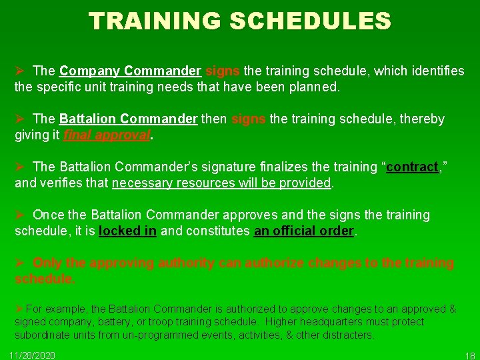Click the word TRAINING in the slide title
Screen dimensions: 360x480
(x=155, y=21)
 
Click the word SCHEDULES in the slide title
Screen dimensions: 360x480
(x=311, y=21)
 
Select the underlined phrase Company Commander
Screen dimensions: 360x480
(x=130, y=71)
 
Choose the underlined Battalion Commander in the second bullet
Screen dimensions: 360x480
(x=128, y=119)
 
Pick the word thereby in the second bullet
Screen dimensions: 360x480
(x=421, y=119)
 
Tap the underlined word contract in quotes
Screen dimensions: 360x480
(x=411, y=167)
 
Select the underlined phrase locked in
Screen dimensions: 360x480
(x=127, y=231)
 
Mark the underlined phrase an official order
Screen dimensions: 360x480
(x=304, y=231)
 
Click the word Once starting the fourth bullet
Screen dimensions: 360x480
(x=48, y=215)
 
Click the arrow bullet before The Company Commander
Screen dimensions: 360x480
(x=20, y=71)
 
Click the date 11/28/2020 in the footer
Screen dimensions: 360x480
(x=33, y=355)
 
